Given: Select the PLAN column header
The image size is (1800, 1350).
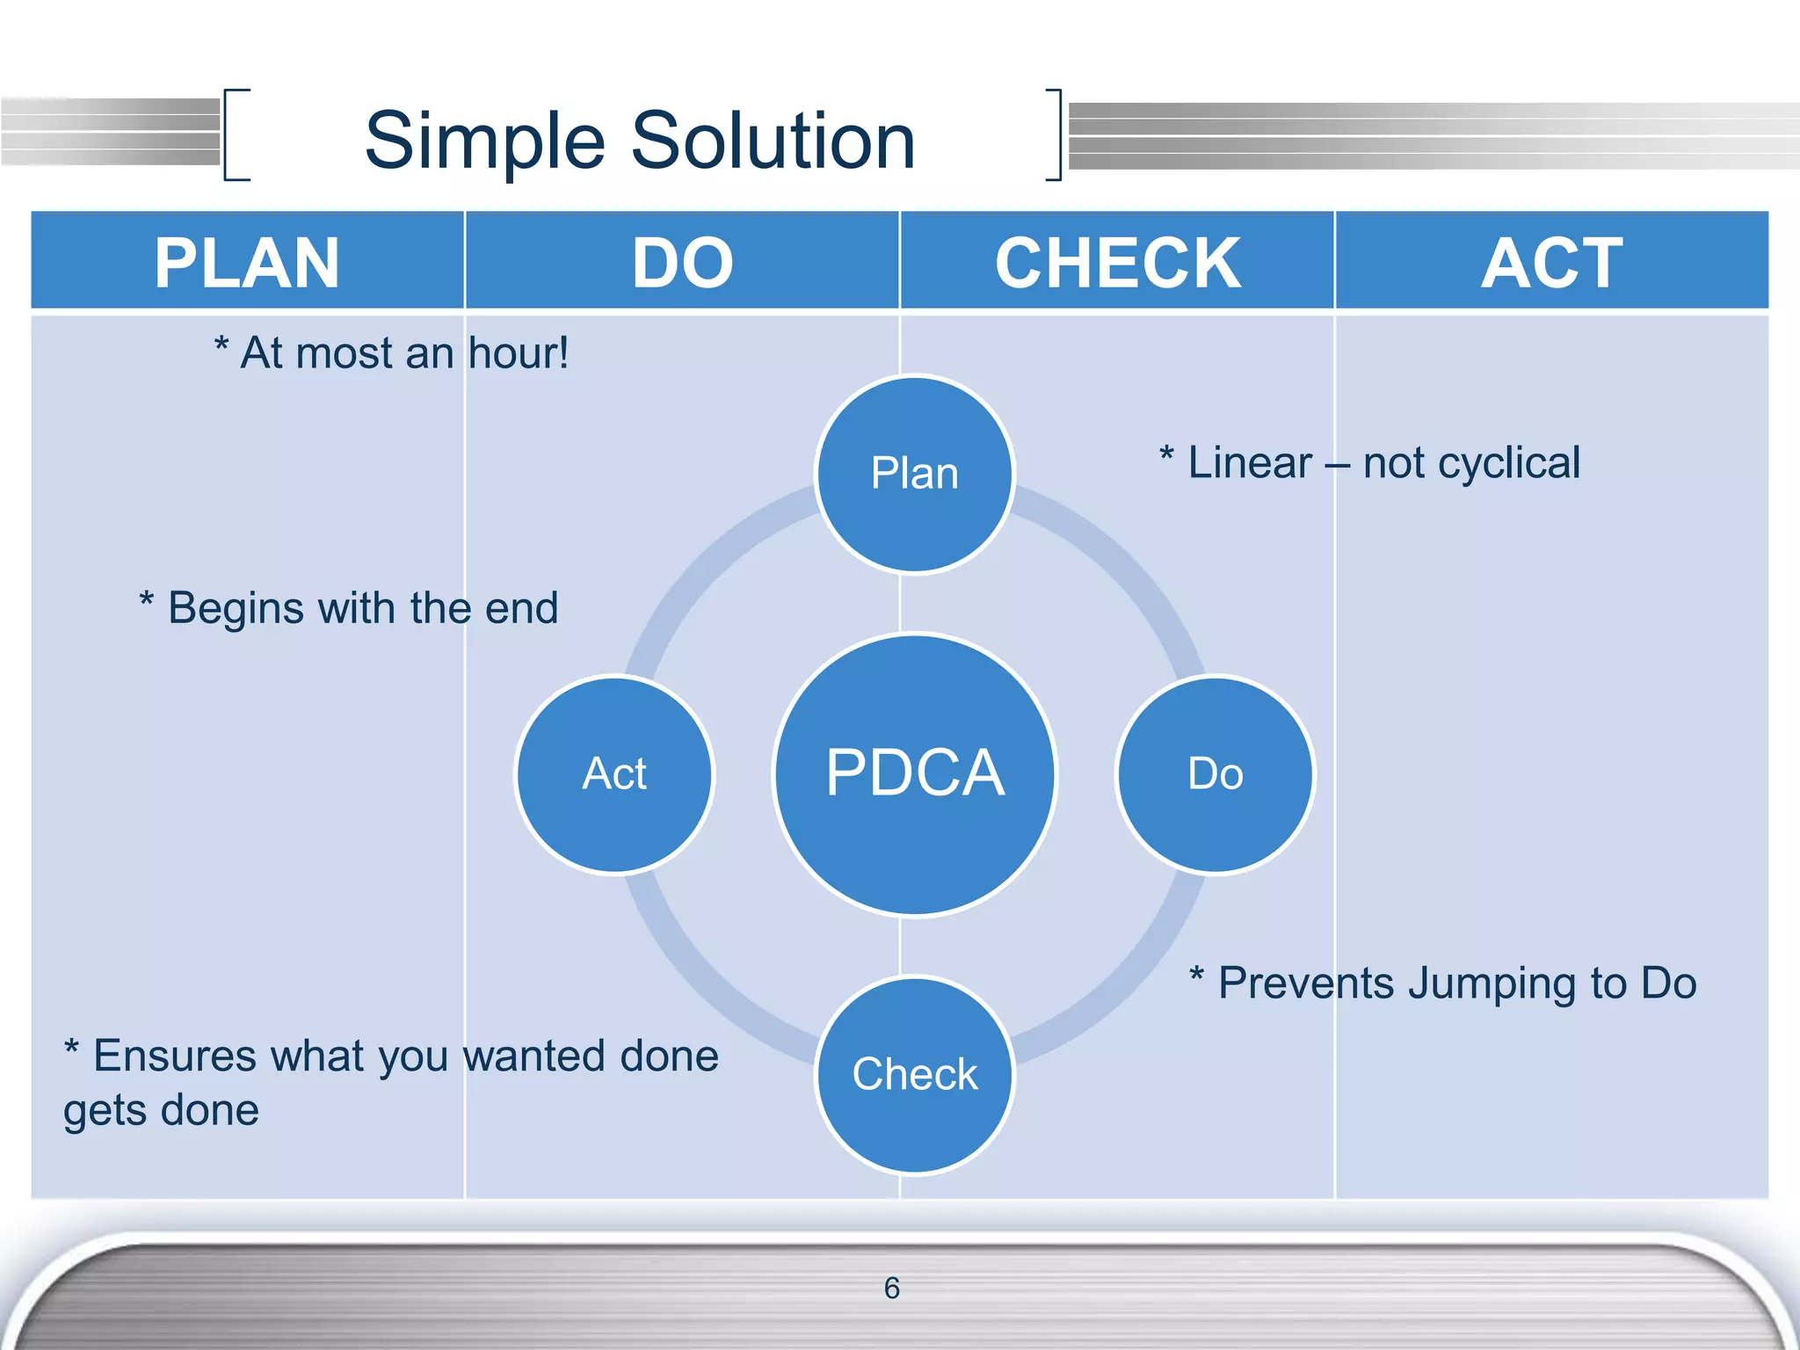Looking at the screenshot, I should (247, 263).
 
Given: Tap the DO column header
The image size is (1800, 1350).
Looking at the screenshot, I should (682, 263).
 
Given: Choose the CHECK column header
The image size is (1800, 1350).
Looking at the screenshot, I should (1117, 263).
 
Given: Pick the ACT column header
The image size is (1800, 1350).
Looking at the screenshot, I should (1552, 263).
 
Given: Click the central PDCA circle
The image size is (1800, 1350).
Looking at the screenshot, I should (915, 774).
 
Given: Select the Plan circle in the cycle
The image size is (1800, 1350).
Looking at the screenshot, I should (915, 475).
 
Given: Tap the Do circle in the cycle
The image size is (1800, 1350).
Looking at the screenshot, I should (1216, 774).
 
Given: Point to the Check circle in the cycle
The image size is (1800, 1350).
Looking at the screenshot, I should (915, 1075).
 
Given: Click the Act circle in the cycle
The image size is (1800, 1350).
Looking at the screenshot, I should (614, 774).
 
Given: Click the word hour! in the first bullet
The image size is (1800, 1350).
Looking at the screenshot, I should (519, 353).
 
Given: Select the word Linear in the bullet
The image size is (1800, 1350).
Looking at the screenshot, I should (1249, 463).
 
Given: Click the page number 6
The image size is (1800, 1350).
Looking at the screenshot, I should (891, 1288).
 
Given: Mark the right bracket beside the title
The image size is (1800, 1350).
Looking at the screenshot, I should (1055, 134).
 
